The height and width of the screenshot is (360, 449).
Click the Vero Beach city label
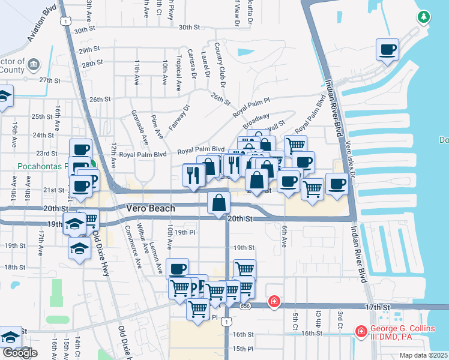point(150,208)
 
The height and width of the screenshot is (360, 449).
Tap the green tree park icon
point(424,17)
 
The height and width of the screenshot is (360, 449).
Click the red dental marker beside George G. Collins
point(361,331)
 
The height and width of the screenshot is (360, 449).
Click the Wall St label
point(276,127)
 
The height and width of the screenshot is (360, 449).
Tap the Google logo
point(19,353)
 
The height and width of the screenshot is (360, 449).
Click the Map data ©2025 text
point(423,355)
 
